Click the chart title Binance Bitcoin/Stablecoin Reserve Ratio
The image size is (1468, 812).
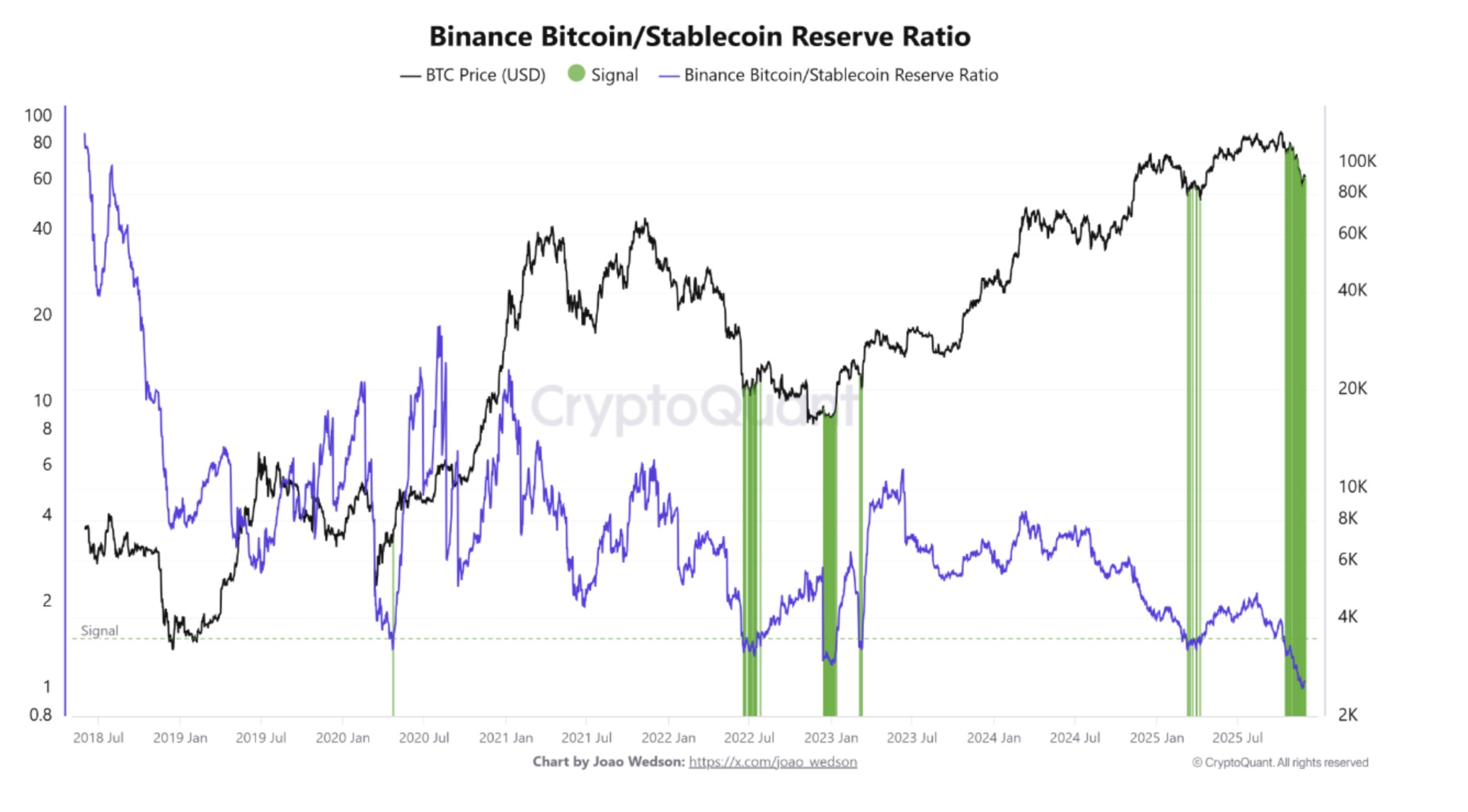pos(699,37)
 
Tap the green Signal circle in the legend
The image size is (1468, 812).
pos(577,74)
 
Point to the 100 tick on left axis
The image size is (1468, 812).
pos(38,115)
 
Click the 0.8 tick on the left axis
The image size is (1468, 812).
pos(40,714)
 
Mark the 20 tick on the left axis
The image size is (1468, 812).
pos(42,314)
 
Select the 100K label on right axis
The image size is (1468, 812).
pos(1357,161)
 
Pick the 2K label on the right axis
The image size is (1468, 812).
pos(1348,714)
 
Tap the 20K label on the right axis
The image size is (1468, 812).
pos(1353,388)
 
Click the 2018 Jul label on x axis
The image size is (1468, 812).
pos(98,738)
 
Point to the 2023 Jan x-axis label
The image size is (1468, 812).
pos(830,738)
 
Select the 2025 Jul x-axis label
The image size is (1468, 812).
pos(1237,738)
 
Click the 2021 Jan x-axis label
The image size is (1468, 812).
pos(505,738)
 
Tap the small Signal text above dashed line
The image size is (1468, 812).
pos(99,630)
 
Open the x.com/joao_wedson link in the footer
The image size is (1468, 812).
pos(772,762)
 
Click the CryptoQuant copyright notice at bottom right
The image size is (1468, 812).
pos(1280,762)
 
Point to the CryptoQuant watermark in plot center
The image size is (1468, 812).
pos(694,407)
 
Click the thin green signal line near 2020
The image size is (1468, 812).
pos(393,679)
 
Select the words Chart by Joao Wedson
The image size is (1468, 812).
pos(608,762)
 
